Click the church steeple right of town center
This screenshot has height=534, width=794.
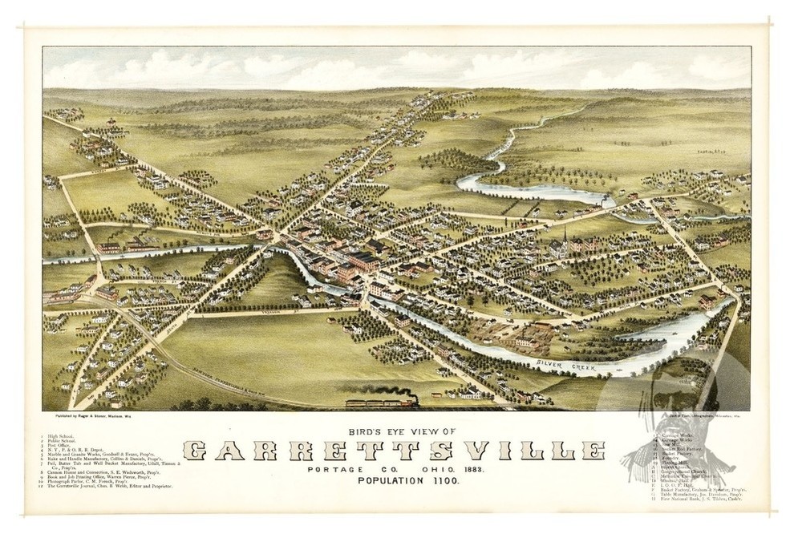coord(565,236)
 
